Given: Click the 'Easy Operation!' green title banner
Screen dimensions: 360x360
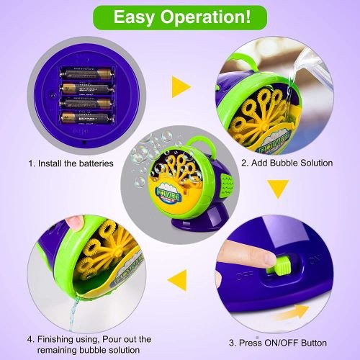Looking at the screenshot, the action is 180,17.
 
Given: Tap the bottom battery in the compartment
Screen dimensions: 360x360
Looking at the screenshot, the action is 87,118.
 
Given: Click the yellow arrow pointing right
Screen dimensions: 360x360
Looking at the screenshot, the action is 181,87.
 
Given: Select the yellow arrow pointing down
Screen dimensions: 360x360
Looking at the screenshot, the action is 278,189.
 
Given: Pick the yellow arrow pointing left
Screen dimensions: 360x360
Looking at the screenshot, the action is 178,280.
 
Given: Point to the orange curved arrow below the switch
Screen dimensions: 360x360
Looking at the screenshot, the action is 292,312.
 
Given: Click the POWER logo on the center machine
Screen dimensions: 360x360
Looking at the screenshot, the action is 168,194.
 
